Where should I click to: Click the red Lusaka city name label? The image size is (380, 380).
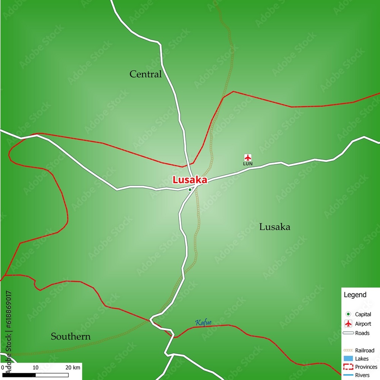(x=190, y=180)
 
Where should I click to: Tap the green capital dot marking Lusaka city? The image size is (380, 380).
(x=190, y=189)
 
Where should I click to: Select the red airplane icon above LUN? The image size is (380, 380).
(x=248, y=157)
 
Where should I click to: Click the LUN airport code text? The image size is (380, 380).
(x=248, y=164)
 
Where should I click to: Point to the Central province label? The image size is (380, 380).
(x=146, y=74)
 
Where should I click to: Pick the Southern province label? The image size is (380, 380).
(x=71, y=336)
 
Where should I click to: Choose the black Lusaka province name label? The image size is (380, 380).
(x=275, y=227)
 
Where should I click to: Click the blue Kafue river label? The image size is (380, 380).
(x=203, y=323)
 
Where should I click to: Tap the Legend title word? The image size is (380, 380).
(x=355, y=294)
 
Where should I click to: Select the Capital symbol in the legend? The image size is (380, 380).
(x=348, y=314)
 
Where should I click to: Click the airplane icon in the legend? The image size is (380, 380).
(x=348, y=324)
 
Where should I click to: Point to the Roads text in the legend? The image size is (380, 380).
(x=362, y=333)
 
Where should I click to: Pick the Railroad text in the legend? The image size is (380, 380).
(x=364, y=350)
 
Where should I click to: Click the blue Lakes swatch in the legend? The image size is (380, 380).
(x=348, y=358)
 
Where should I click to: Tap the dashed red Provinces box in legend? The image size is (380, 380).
(x=348, y=367)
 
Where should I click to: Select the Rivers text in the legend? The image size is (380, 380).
(x=362, y=375)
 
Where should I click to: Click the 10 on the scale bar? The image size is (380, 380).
(x=35, y=367)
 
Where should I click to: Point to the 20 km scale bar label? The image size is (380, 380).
(x=73, y=367)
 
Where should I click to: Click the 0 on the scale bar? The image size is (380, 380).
(x=3, y=367)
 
